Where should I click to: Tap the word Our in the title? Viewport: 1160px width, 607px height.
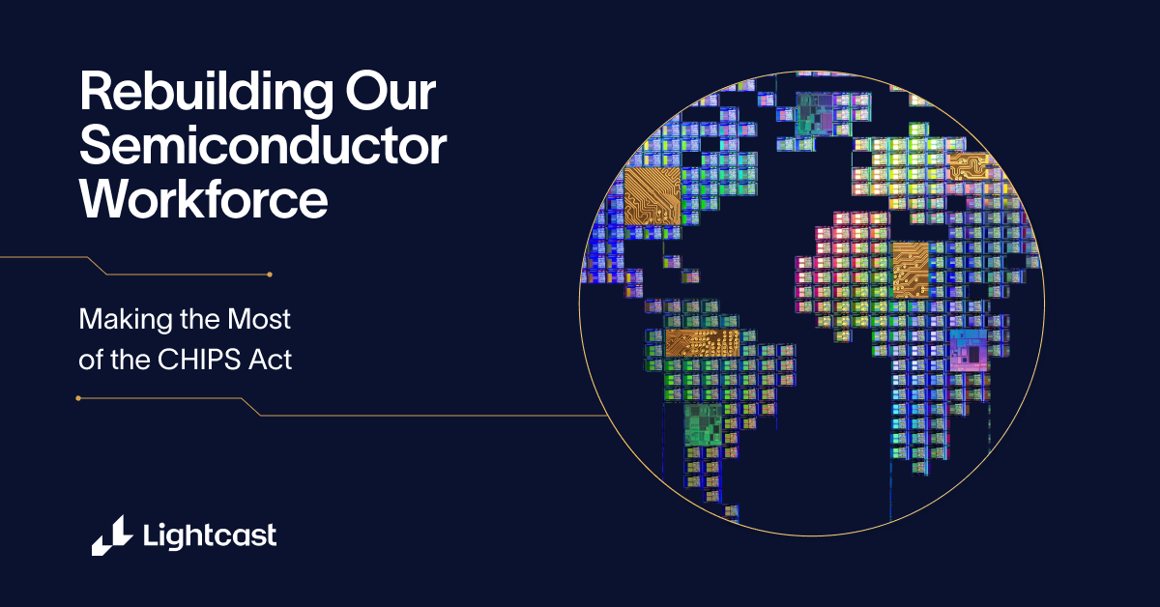tap(391, 92)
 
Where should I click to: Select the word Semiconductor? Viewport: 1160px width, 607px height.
tap(263, 146)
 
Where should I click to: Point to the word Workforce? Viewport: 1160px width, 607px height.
tap(204, 199)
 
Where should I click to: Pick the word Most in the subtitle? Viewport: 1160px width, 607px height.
tap(259, 319)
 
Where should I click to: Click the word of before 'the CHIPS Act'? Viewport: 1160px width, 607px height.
tap(90, 359)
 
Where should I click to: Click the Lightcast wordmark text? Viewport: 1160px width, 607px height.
tap(210, 535)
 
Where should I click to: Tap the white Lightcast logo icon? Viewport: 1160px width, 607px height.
tap(112, 535)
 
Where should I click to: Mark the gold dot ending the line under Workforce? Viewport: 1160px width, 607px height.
tap(270, 275)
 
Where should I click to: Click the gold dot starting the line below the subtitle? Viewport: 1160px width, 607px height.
tap(78, 398)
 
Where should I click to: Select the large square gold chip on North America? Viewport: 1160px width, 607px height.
tap(652, 196)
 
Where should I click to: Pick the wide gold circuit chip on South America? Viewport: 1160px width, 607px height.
tap(702, 343)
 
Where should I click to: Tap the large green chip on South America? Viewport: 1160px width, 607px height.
tap(703, 425)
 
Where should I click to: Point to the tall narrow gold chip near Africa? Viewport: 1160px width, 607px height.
tap(911, 270)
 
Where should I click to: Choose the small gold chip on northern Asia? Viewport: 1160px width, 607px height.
tap(969, 166)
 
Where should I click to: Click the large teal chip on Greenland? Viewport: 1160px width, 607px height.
tap(815, 113)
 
